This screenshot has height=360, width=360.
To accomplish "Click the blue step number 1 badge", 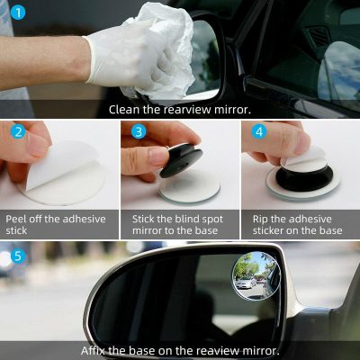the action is point(18,13).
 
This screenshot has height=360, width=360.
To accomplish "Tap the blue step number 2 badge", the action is point(18,132).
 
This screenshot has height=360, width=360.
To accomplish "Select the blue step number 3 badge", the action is point(139,131).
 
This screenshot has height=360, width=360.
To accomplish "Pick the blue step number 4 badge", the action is point(259,131).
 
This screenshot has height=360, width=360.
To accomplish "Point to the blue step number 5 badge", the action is point(18,256).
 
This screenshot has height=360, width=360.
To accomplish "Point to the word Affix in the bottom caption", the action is point(94,350).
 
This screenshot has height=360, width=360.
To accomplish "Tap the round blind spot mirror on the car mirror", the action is point(256,276).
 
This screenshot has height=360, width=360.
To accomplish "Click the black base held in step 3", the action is point(181,160).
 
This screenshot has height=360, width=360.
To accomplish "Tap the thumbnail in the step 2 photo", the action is point(39,145).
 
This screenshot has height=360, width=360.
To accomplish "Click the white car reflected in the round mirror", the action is point(246,282).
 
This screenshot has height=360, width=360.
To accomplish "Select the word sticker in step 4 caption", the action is point(267,230).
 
